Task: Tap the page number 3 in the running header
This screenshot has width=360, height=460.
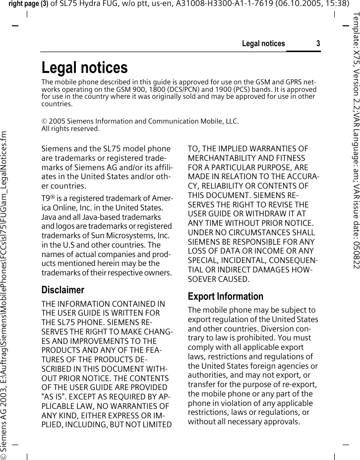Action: pos(318,44)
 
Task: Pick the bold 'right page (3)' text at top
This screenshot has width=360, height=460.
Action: pos(23,5)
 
